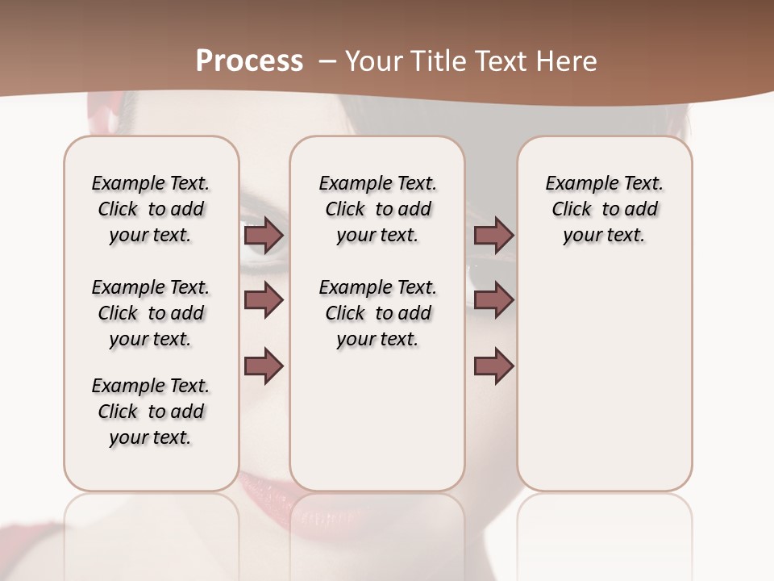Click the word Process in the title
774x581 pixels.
[249, 61]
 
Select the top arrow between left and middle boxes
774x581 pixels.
[264, 236]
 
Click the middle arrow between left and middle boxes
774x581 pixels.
[264, 300]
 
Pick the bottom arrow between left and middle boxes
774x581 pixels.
[264, 366]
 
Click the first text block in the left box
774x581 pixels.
[151, 209]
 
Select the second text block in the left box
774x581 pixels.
[151, 313]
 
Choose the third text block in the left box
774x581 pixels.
[151, 412]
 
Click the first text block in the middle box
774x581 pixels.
[377, 209]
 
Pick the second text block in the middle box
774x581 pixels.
[377, 313]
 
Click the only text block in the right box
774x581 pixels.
[604, 209]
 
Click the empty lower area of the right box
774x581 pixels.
[604, 387]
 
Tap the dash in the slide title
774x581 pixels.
[327, 61]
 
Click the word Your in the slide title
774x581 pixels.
[372, 61]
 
